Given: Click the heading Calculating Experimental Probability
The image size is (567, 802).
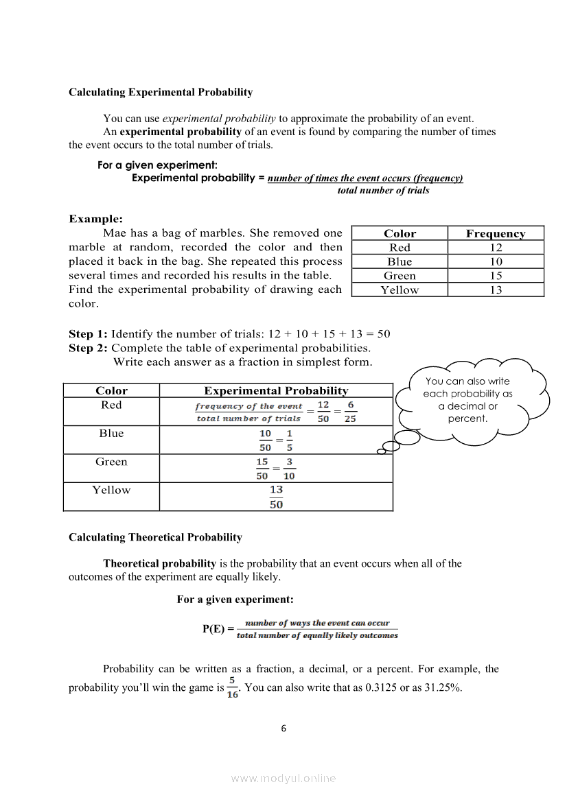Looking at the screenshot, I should [161, 92].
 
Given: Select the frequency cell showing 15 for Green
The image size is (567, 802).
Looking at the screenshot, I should [496, 276].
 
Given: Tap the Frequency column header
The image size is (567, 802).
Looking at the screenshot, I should [496, 233].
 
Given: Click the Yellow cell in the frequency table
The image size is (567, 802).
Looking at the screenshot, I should [400, 290].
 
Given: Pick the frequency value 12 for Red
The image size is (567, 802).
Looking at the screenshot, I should [496, 248].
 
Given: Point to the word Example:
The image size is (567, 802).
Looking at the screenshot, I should [95, 219].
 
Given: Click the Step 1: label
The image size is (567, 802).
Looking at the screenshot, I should [88, 334].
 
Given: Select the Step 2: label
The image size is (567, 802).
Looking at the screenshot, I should [88, 348].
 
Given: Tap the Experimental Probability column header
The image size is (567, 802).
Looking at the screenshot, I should [276, 391].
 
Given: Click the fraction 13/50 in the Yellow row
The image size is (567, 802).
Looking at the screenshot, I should [276, 497].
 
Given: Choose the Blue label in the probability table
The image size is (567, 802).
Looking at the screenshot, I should [111, 434].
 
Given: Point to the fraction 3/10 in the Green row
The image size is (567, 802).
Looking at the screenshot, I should [290, 469].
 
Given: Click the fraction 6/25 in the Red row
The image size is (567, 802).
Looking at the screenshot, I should [350, 412].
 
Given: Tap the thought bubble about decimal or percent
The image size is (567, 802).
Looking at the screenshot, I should [468, 399].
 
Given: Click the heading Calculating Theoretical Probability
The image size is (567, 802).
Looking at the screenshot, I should [155, 537].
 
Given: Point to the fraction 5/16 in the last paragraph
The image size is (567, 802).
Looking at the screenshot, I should [233, 687].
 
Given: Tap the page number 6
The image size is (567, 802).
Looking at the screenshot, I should [283, 729].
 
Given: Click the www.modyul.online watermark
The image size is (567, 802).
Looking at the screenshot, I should [283, 778].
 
